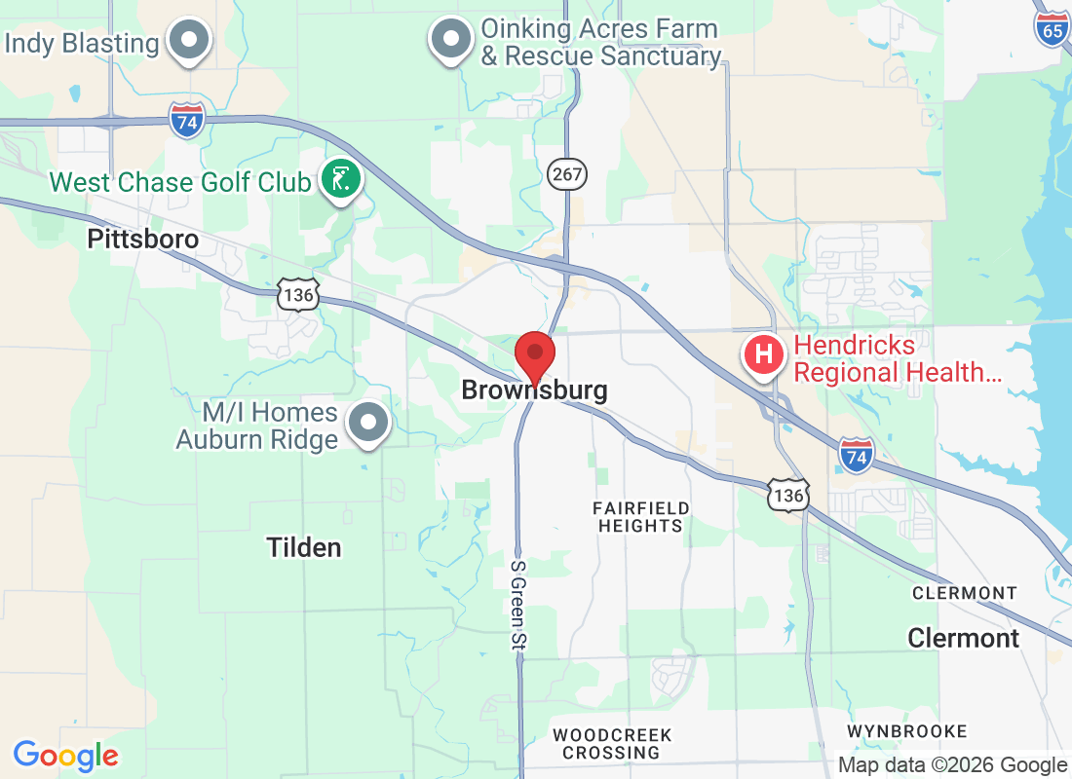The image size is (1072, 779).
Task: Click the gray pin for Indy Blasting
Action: coord(190,42)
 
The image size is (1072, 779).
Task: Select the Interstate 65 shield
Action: coord(1052,28)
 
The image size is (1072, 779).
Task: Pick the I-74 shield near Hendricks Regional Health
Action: coord(857,455)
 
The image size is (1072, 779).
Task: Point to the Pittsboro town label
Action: coord(142,239)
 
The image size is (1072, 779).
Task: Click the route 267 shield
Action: coord(564,173)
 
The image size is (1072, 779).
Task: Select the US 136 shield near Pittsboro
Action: coord(297,294)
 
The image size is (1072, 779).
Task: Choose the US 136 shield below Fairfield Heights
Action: coord(787,496)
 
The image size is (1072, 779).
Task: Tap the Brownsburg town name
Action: coord(534,390)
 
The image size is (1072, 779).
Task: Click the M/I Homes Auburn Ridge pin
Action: coord(369,423)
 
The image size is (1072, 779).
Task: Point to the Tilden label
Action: coord(305,547)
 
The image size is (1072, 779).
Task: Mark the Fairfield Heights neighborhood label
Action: coord(641,516)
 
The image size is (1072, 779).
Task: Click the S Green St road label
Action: coord(518,604)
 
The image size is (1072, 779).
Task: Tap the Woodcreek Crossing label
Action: coord(611,743)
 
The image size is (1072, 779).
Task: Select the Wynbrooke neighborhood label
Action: coord(906,730)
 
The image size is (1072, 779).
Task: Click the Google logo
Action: coord(66,755)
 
